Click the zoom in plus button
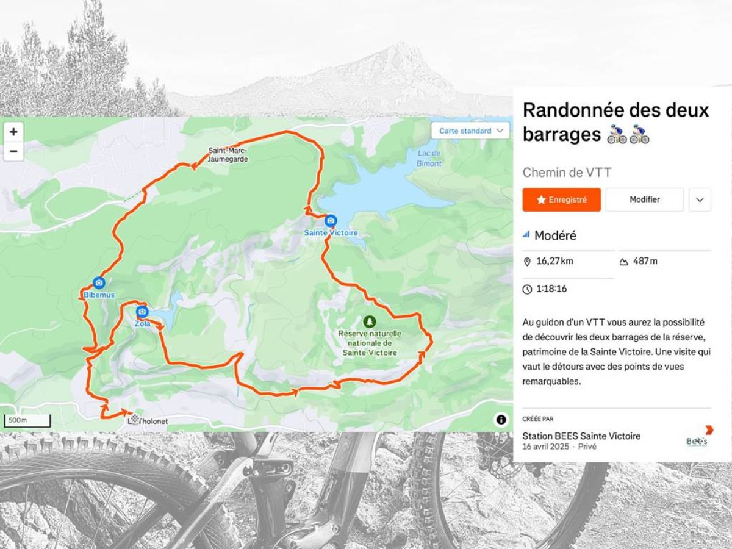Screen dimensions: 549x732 [x=13, y=132]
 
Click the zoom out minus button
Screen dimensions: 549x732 [x=13, y=151]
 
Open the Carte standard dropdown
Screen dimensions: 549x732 [x=470, y=131]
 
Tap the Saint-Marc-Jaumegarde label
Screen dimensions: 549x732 [x=228, y=155]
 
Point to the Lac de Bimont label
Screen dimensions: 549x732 [x=429, y=158]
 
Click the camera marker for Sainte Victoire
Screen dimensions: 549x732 [x=331, y=221]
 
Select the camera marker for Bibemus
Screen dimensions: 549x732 [x=99, y=283]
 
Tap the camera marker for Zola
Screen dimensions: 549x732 [x=142, y=312]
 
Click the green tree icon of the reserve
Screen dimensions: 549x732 [x=368, y=321]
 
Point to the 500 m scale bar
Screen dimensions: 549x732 [x=27, y=421]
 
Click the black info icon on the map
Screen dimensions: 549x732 [x=501, y=419]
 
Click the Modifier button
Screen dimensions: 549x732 [x=644, y=199]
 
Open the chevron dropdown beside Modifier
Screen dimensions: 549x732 [x=700, y=199]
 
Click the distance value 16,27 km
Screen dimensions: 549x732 [x=554, y=261]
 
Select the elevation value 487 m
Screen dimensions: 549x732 [x=645, y=261]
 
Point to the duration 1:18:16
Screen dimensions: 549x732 [x=551, y=289]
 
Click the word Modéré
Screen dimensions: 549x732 [x=555, y=235]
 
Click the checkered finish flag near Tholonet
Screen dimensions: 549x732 [x=134, y=418]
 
